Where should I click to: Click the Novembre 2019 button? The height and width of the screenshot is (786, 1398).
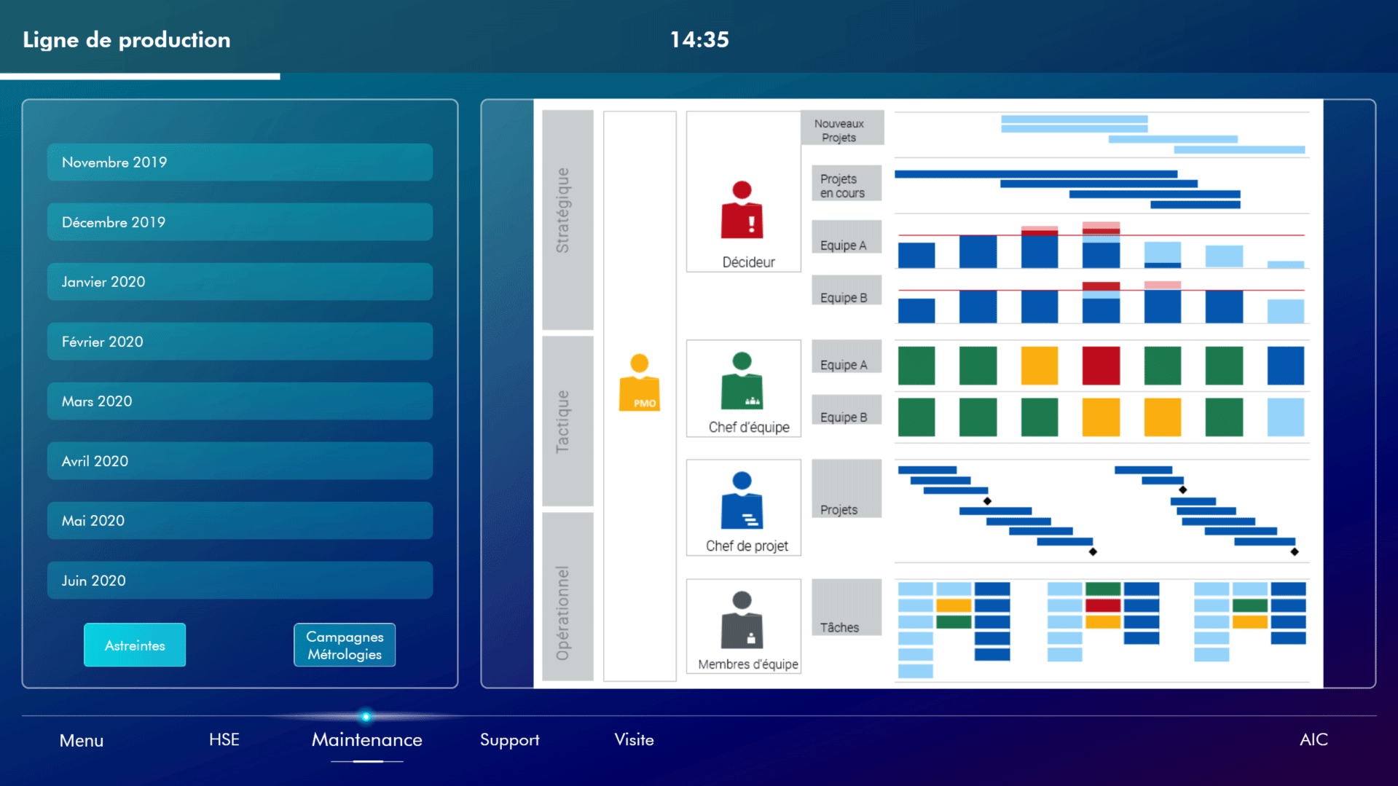[240, 162]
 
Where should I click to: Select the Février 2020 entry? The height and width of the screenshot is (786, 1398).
[240, 341]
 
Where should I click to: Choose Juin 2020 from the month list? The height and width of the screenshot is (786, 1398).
[240, 580]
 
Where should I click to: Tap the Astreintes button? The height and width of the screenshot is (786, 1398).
[135, 645]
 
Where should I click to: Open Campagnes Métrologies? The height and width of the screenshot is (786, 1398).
[345, 645]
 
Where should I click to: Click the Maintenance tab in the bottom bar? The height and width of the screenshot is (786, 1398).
[366, 739]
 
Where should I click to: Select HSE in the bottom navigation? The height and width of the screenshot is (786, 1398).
[224, 739]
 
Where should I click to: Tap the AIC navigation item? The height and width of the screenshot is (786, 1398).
[1313, 739]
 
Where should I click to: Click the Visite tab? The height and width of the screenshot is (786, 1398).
[634, 739]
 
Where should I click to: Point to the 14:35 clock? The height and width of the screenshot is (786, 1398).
[699, 39]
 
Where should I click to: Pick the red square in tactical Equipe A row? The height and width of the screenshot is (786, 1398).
[1100, 365]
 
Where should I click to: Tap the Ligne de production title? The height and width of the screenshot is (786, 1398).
[127, 39]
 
